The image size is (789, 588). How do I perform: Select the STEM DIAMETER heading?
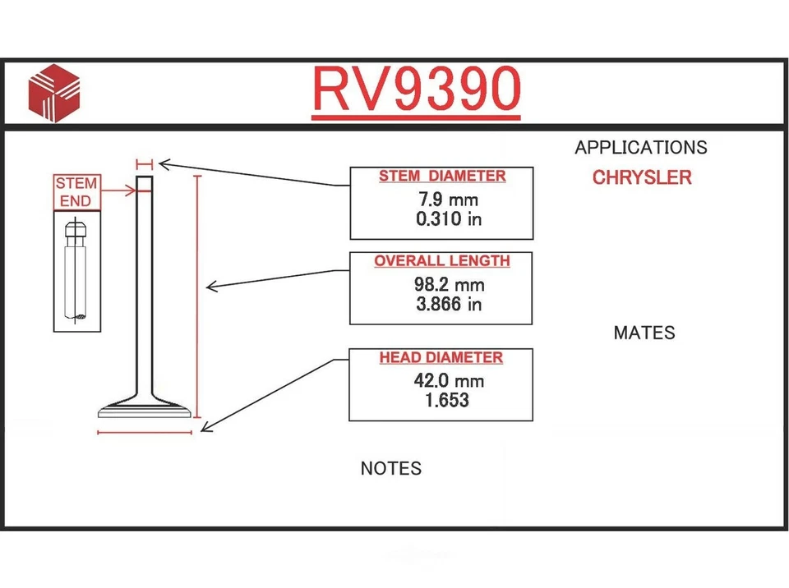tap(442, 177)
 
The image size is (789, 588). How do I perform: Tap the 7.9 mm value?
tap(448, 200)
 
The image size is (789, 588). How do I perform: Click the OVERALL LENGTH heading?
tap(442, 261)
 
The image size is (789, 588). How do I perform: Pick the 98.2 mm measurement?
tap(449, 285)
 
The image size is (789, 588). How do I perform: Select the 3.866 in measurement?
tap(449, 304)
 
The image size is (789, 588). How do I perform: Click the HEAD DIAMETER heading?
tap(441, 358)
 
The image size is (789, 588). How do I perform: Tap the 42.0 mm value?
tap(449, 381)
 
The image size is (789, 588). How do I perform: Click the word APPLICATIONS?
tap(641, 148)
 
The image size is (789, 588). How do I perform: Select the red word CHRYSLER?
tap(642, 177)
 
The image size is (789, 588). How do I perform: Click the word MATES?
tap(644, 333)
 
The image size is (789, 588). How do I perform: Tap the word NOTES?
tap(391, 469)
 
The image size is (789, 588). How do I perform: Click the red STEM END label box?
tap(76, 192)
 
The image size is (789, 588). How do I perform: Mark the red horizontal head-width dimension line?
tap(145, 431)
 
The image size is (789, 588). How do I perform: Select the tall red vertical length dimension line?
tap(197, 296)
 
